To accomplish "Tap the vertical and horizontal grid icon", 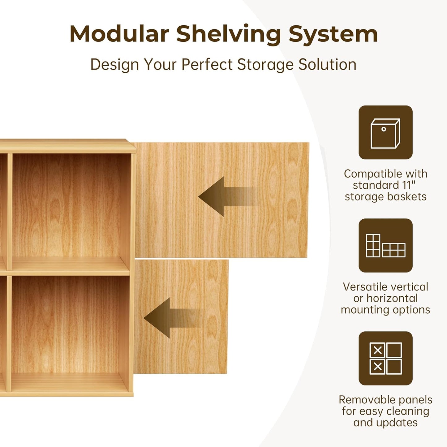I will click(x=385, y=246).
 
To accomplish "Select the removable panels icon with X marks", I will click(x=385, y=358).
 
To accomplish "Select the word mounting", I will click(x=361, y=310).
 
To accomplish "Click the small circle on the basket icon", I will click(x=384, y=129).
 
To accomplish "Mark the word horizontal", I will click(x=392, y=298).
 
